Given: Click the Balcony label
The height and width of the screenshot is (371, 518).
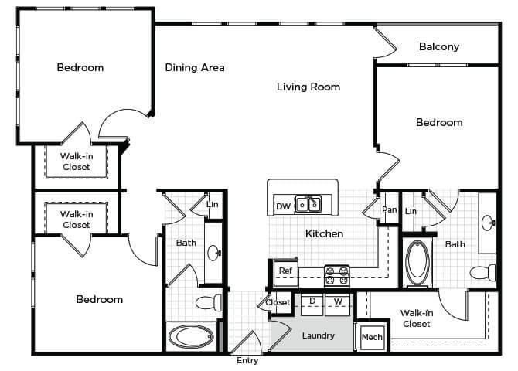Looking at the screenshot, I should [439, 46].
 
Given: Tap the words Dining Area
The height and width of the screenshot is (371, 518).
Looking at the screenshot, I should [195, 67].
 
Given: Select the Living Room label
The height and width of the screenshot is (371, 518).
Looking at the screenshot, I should [308, 87].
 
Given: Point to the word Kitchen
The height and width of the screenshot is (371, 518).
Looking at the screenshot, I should [324, 233].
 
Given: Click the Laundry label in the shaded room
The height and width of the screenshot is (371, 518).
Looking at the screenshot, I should [319, 335].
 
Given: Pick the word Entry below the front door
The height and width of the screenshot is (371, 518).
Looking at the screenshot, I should [247, 361].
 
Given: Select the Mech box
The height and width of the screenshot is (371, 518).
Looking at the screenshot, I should [372, 337].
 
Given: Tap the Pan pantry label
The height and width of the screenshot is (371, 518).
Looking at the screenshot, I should [389, 209].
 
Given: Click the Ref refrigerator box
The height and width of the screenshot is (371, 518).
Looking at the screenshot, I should [285, 271].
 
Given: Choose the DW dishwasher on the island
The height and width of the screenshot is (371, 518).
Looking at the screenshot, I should [283, 206].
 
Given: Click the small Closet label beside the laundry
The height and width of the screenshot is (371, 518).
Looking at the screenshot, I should [278, 302].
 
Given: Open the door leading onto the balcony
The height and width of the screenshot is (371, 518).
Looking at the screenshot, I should [384, 43].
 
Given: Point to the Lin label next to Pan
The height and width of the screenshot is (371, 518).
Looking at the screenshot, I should [411, 210].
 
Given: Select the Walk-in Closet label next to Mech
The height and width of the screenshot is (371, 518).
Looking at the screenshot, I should [416, 318].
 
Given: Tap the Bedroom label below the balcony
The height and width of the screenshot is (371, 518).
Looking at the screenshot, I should [439, 122].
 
